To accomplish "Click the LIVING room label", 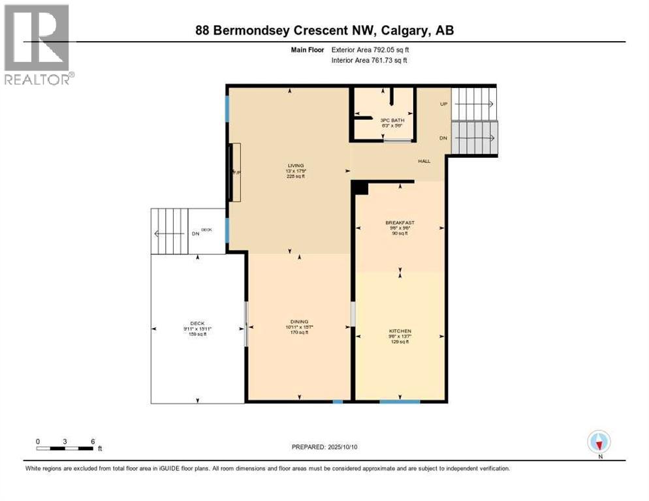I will pyautogui.click(x=291, y=166).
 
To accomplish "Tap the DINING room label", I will pyautogui.click(x=299, y=322).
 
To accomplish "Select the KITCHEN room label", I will pyautogui.click(x=400, y=331).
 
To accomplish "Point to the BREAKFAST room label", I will pyautogui.click(x=400, y=222).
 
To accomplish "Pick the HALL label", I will pyautogui.click(x=424, y=160).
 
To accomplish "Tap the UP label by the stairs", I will pyautogui.click(x=443, y=104).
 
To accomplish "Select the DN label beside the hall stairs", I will pyautogui.click(x=443, y=138).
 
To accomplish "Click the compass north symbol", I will pyautogui.click(x=598, y=442).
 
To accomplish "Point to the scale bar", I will pyautogui.click(x=65, y=448).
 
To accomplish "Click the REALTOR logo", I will pyautogui.click(x=37, y=44).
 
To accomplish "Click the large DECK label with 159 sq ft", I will pyautogui.click(x=197, y=327).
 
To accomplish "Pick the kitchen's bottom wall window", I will pyautogui.click(x=400, y=401).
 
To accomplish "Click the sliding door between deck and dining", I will pyautogui.click(x=245, y=324).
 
